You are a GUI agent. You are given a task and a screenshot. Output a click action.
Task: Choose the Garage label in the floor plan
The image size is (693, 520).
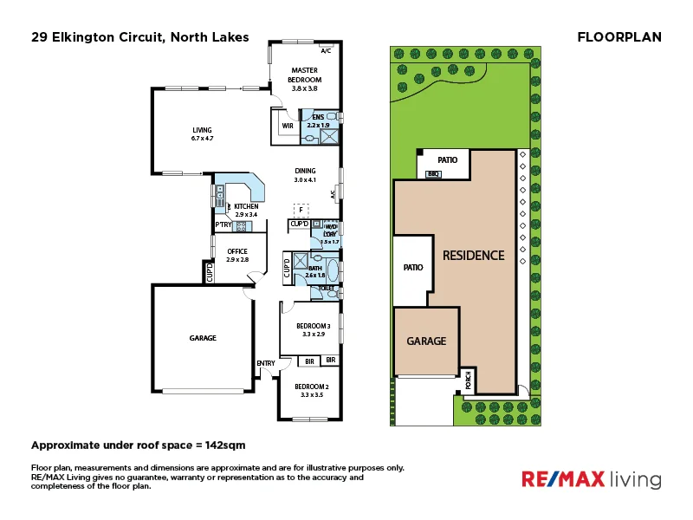[x=204, y=338]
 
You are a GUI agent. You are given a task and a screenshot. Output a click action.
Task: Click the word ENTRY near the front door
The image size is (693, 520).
[x=265, y=363]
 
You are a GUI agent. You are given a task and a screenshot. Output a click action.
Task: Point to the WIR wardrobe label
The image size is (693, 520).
[x=287, y=126]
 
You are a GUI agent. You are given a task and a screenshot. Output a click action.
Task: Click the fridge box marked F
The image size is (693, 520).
[x=301, y=210]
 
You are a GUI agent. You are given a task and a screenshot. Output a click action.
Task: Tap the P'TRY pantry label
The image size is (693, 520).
[x=223, y=225]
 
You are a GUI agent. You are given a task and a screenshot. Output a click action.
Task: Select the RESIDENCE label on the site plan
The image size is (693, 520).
[x=473, y=256]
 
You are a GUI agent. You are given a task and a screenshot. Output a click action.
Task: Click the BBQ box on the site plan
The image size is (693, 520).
[x=434, y=174]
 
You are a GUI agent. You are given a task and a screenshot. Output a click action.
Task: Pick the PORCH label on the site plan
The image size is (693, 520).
[x=469, y=379]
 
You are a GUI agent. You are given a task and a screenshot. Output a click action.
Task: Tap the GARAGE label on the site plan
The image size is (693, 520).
[x=427, y=341]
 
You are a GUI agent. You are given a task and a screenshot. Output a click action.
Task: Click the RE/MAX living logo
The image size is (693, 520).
[x=590, y=479]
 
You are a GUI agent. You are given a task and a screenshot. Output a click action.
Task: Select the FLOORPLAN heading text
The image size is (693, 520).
[x=619, y=37]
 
